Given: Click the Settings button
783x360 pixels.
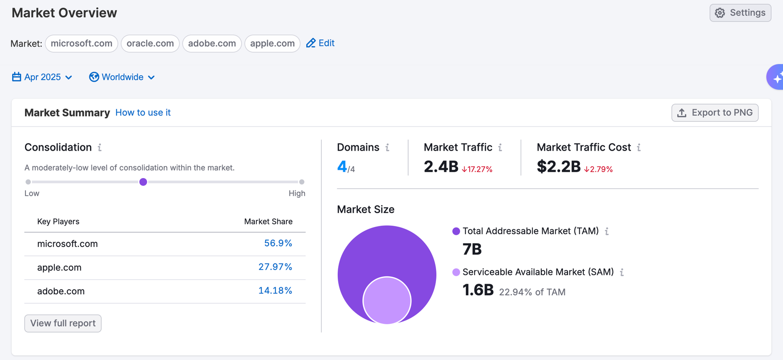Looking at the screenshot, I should (x=740, y=13).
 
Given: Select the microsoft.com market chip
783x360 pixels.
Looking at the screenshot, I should (x=81, y=44).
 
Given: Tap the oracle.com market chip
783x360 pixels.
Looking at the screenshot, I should (x=150, y=44).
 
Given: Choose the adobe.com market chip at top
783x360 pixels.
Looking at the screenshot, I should (x=212, y=44).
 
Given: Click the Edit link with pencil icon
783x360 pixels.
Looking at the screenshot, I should (x=321, y=43).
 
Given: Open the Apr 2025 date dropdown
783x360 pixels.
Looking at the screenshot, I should (x=42, y=77).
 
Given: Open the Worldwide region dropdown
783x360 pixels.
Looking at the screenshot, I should (x=122, y=77).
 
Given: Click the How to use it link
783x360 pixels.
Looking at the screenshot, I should (x=143, y=112).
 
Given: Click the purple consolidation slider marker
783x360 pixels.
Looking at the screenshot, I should (x=143, y=182).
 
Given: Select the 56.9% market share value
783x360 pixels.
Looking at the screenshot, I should (x=278, y=243).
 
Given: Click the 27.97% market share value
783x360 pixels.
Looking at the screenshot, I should (x=275, y=267).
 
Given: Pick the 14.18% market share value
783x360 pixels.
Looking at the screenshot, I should (x=275, y=291).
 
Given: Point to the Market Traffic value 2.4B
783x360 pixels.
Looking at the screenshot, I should (x=441, y=167).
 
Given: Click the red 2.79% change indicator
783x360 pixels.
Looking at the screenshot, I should (x=599, y=169).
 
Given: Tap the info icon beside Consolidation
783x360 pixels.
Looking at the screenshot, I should (x=99, y=147).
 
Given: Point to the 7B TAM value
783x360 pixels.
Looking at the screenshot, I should (x=472, y=249).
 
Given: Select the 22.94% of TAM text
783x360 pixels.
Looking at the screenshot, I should (x=532, y=292).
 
